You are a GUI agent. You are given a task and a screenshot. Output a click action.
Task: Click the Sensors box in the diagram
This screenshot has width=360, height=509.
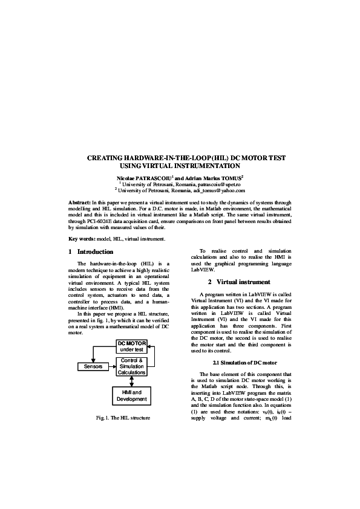[x=93, y=366]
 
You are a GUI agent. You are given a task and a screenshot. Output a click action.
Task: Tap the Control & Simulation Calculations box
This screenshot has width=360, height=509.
[x=132, y=366]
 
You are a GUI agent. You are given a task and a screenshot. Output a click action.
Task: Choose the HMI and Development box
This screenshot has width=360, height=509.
[x=132, y=396]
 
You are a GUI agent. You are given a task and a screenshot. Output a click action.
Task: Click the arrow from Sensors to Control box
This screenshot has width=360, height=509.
[x=111, y=366]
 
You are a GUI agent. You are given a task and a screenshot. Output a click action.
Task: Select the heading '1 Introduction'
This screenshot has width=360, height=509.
[x=91, y=251]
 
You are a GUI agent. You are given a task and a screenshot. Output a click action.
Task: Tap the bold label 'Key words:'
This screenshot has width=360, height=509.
[x=83, y=239]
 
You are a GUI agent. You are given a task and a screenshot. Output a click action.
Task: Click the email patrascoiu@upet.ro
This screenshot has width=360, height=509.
[x=214, y=184]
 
